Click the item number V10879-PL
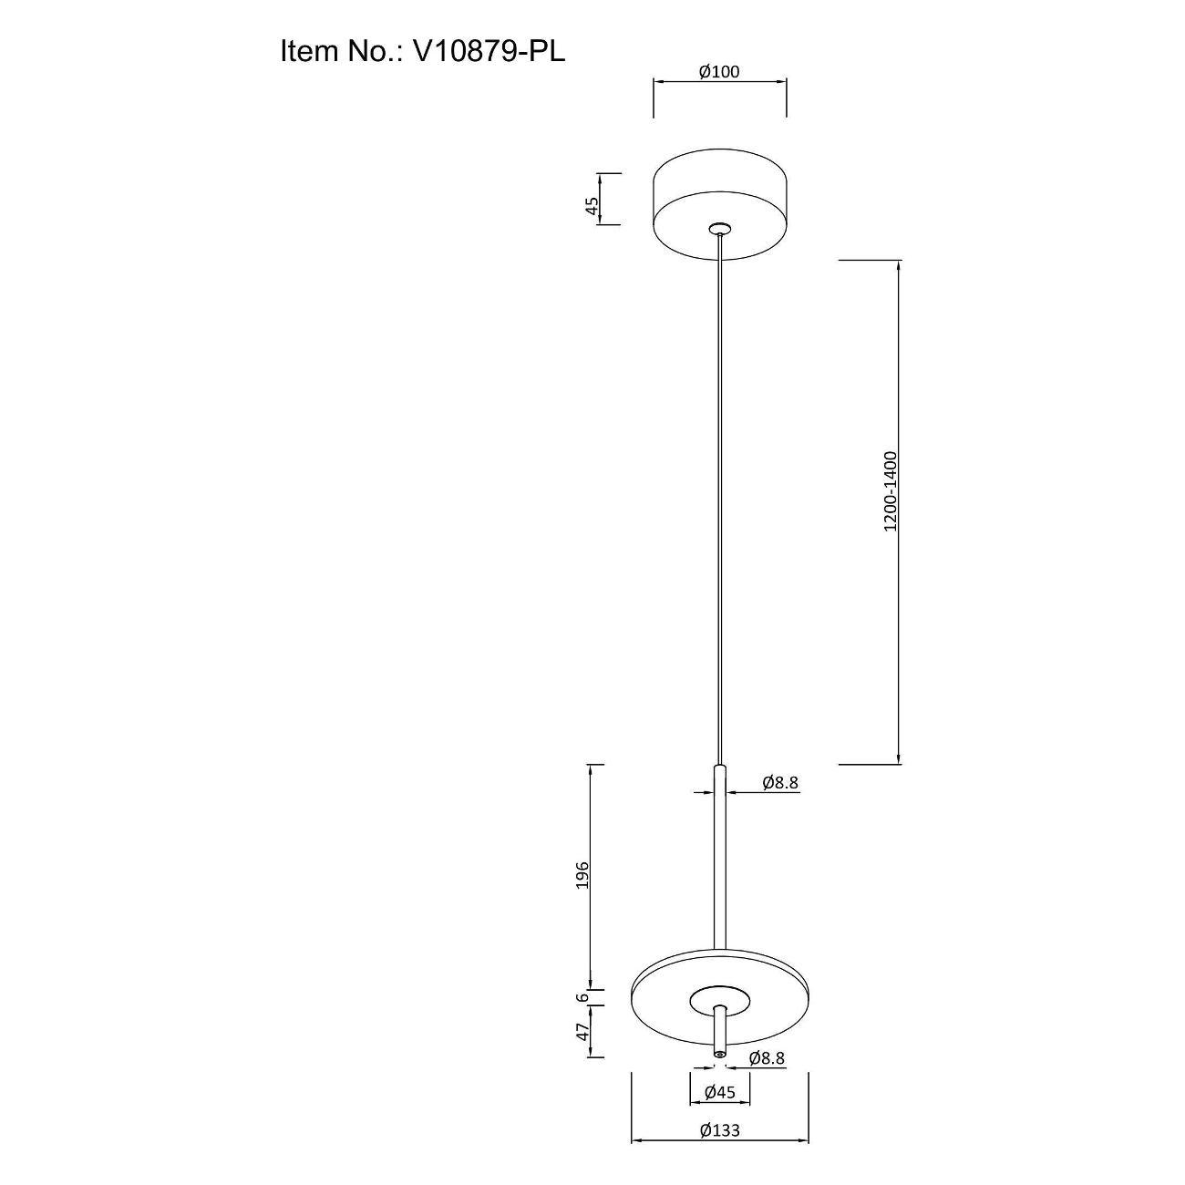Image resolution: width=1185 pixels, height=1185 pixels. point(489,50)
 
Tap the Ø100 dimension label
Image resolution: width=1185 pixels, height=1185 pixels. point(719,72)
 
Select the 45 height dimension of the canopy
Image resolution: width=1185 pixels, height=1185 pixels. point(592,206)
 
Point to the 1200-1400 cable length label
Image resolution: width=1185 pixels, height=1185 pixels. point(891,490)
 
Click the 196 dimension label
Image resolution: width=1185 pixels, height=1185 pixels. point(583,874)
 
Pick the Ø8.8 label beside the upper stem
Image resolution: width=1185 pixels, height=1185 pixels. point(780,781)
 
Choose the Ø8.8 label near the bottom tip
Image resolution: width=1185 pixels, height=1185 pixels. point(767,1058)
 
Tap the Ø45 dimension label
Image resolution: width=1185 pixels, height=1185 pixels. point(719,1092)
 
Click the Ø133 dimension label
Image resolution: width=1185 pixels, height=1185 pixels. point(719,1129)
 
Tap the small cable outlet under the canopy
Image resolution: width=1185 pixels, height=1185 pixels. point(720,227)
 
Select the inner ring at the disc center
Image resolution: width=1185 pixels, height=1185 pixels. point(720,998)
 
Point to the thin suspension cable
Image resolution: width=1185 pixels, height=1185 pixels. point(720,501)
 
